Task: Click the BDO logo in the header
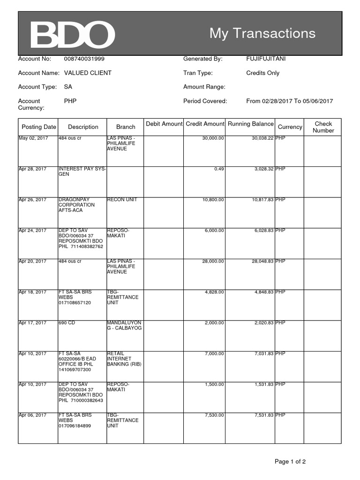pyautogui.click(x=72, y=34)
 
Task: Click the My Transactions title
pyautogui.click(x=262, y=33)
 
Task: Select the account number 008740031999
pyautogui.click(x=84, y=59)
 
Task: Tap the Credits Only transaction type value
pyautogui.click(x=262, y=73)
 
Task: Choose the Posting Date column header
pyautogui.click(x=38, y=127)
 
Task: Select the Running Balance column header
pyautogui.click(x=250, y=124)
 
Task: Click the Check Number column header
pyautogui.click(x=323, y=127)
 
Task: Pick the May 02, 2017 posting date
pyautogui.click(x=33, y=138)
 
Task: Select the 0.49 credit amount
pyautogui.click(x=219, y=169)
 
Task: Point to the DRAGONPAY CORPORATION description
pyautogui.click(x=76, y=205)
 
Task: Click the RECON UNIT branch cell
pyautogui.click(x=122, y=200)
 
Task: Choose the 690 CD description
pyautogui.click(x=68, y=323)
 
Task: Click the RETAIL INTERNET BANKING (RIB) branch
pyautogui.click(x=124, y=359)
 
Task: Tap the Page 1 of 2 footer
pyautogui.click(x=290, y=462)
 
